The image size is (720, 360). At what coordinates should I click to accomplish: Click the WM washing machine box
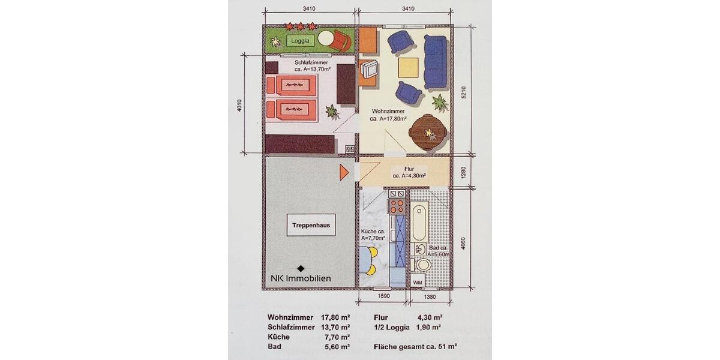point(418,281)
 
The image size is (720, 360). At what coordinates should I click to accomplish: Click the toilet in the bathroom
point(424,265)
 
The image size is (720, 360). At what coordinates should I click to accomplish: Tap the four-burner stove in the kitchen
point(397,207)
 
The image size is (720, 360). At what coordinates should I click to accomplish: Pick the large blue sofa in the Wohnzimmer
point(436,60)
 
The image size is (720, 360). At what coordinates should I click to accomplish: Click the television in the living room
point(369,71)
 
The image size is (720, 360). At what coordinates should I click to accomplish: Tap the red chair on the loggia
point(342,41)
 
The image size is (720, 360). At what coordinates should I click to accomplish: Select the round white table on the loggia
point(327,39)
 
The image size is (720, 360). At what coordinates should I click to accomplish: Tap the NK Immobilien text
point(300,278)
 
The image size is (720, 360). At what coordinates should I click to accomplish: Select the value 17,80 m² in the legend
point(336,317)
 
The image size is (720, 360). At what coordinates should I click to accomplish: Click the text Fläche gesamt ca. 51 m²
point(408,346)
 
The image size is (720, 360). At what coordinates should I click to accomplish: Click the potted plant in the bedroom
point(331,111)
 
